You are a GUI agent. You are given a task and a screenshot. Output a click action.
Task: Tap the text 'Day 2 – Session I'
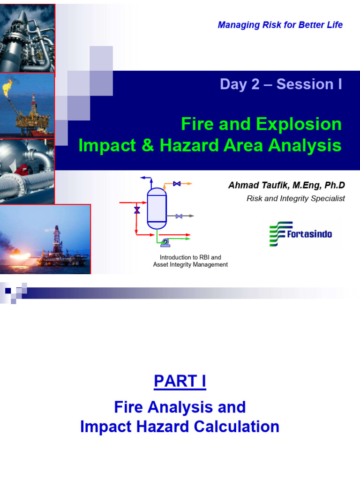[x=281, y=84]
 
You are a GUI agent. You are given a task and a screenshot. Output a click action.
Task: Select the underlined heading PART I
[x=180, y=382]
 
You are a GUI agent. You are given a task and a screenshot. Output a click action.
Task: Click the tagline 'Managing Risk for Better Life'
[x=280, y=25]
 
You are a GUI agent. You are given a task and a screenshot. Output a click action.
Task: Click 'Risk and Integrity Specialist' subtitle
[x=295, y=198]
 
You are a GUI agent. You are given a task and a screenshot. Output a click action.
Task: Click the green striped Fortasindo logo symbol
[x=280, y=234]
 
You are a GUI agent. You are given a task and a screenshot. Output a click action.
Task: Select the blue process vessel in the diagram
[x=157, y=208]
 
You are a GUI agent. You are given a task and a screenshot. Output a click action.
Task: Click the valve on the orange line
[x=177, y=184]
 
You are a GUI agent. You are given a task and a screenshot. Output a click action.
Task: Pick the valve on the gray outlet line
[x=179, y=216]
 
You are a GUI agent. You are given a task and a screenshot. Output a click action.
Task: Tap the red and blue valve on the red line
[x=137, y=210]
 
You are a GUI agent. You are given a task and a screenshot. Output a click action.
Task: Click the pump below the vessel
[x=165, y=242]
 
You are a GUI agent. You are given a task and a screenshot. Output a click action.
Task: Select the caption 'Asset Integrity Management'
[x=190, y=265]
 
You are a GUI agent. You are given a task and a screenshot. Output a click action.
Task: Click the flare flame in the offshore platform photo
[x=8, y=86]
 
